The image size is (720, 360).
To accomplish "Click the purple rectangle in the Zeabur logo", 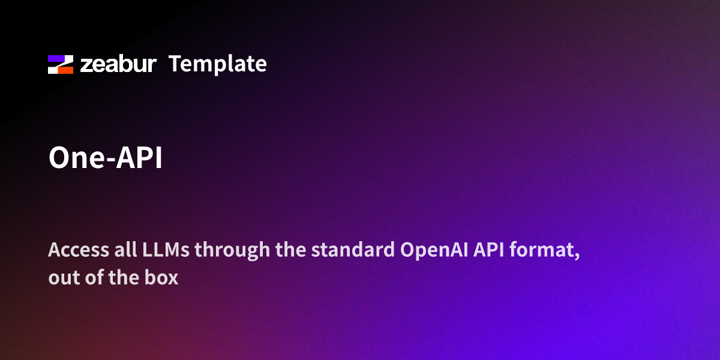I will click(x=56, y=58).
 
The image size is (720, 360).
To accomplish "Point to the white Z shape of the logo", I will click(x=61, y=64).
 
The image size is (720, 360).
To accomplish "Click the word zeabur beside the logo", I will click(x=118, y=64).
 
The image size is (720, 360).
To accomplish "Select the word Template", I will click(x=217, y=64).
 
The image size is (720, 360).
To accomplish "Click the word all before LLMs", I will click(x=112, y=250).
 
